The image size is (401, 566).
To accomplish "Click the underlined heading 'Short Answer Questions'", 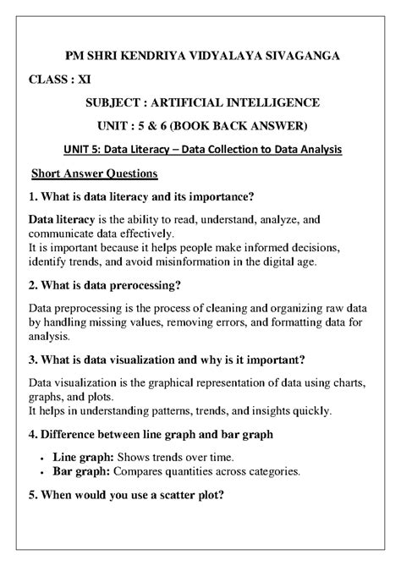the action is [x=94, y=174].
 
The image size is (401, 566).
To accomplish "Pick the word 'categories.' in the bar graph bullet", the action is [x=269, y=470].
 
